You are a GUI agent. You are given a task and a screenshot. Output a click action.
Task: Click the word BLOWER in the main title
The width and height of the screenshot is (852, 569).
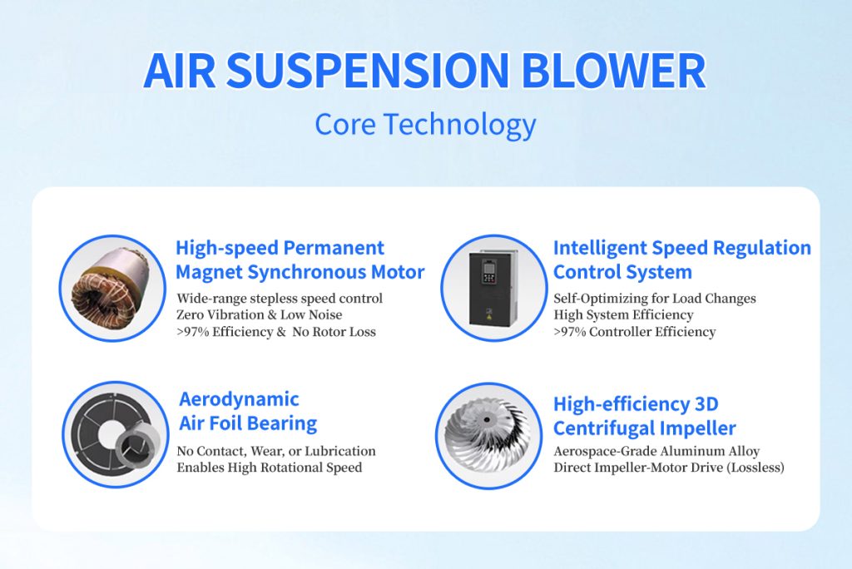613,71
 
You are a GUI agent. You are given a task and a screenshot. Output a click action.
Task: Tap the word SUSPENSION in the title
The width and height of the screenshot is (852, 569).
367,71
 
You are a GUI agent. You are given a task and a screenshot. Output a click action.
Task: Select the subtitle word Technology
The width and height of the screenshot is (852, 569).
459,125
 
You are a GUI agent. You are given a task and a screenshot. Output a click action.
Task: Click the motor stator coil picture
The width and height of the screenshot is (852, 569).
111,287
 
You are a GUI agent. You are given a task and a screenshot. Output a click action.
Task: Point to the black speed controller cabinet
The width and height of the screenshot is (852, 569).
493,288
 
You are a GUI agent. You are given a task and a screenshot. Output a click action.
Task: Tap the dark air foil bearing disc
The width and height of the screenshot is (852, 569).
109,435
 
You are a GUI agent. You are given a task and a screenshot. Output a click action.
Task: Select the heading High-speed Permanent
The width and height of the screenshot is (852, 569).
280,248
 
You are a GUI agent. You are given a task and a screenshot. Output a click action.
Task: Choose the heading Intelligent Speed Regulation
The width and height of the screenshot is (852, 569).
682,248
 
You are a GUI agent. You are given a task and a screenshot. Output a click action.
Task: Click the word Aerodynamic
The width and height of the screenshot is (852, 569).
239,399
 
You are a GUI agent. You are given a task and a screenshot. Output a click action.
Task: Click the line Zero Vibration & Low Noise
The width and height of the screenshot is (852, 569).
260,314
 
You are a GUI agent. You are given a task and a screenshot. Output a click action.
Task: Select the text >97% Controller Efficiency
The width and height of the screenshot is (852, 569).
635,332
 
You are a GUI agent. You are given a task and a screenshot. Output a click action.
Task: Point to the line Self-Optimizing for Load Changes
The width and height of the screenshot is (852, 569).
655,299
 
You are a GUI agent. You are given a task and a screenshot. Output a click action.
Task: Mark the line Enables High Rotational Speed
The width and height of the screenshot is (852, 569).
269,468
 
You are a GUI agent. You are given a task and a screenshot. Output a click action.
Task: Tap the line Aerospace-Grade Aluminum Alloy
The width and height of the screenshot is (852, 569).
656,451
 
